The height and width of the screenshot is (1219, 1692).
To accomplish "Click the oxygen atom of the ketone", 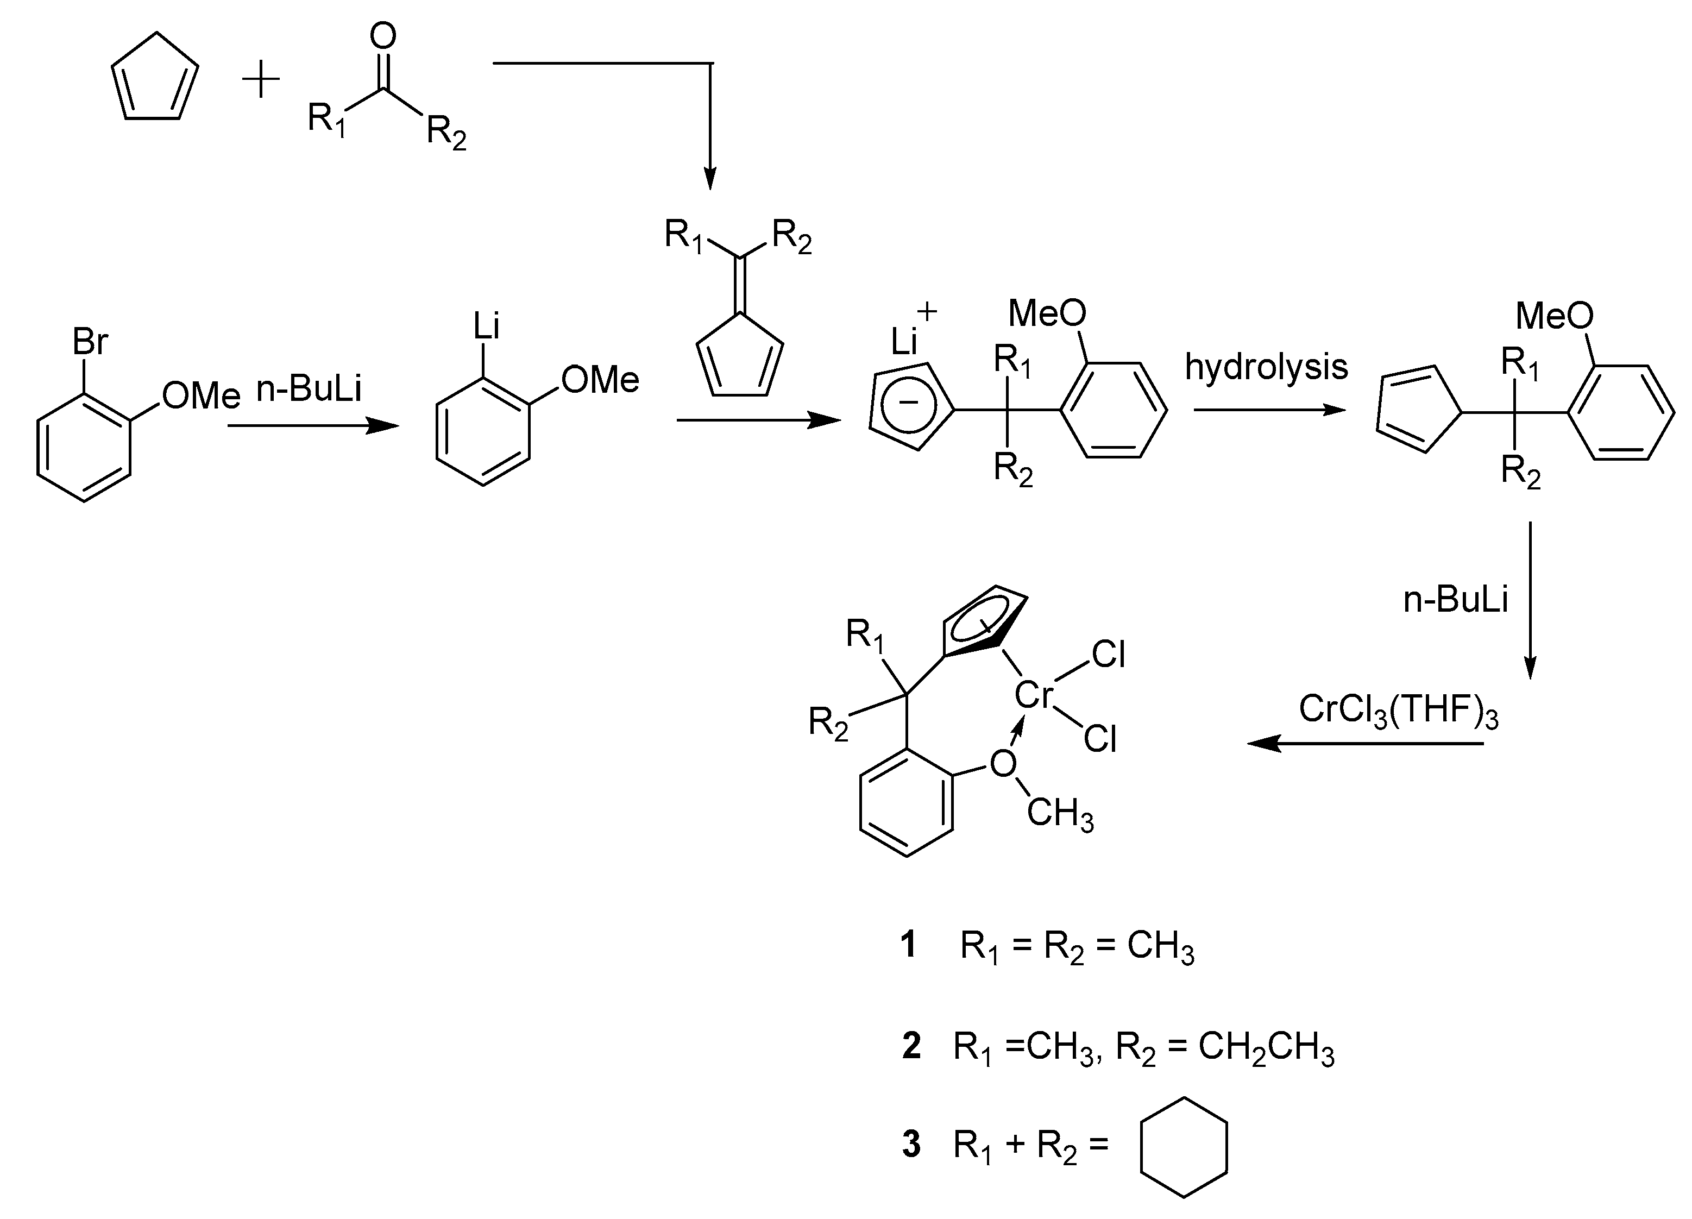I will coord(383,36).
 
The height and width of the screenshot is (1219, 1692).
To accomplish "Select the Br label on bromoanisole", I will coord(90,342).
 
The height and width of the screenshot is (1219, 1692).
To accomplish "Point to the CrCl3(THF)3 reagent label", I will coord(1398,710).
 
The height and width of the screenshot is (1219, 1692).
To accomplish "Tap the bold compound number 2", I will coord(911,1046).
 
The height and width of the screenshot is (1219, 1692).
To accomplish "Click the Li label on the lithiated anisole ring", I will coord(486,326).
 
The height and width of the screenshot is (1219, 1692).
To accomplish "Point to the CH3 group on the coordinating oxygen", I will coord(1059,814).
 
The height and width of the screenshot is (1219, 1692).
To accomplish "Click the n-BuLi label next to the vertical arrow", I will coord(1456,599).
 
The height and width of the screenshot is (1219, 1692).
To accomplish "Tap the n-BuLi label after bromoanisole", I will coord(309,389).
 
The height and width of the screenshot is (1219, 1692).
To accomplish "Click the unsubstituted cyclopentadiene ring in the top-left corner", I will coord(155,80).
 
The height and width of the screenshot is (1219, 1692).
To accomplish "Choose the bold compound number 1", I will coord(908,945).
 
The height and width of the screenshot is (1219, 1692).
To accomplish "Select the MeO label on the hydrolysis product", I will coord(1554,316).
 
